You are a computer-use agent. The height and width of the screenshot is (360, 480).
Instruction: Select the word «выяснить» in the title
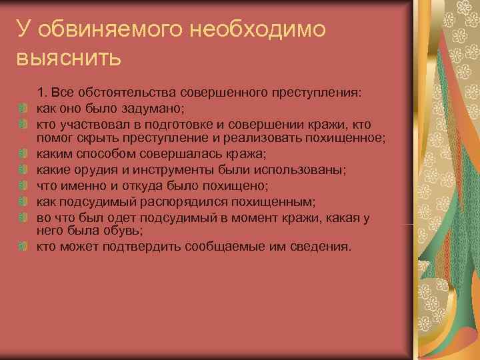pos(69,58)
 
